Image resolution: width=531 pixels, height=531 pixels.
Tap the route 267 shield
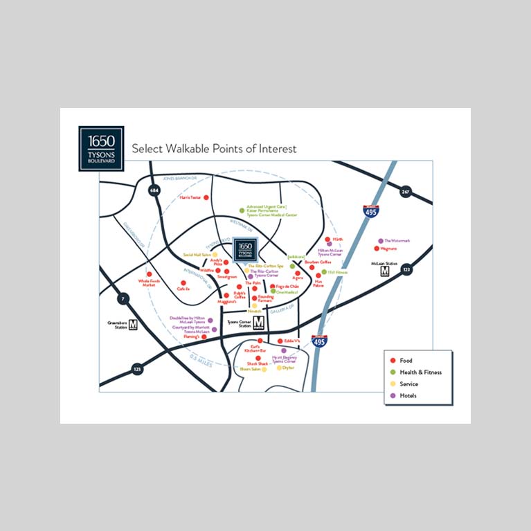[x=406, y=191]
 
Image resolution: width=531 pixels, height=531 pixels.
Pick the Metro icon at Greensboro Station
[x=132, y=324]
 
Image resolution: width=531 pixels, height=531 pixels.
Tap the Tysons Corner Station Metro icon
[x=258, y=323]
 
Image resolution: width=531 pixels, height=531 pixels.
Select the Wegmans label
[x=388, y=248]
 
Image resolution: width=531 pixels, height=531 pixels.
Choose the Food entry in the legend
[x=405, y=361]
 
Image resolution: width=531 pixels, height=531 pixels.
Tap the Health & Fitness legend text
[x=420, y=372]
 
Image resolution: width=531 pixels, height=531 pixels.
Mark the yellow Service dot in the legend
[x=393, y=384]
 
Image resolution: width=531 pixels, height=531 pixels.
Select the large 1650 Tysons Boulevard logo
[x=101, y=147]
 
